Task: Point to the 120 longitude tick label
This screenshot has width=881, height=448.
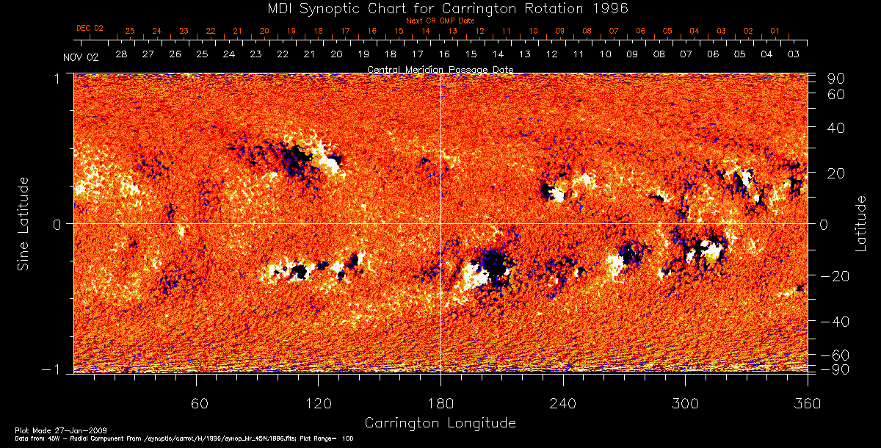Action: coord(319,403)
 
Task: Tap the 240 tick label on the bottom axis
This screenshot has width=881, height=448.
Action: coord(563,403)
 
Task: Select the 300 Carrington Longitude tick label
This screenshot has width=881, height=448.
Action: coord(685,403)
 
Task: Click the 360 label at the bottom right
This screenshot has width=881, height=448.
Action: coord(808,403)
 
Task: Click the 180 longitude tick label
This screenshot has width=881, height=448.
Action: coord(440,403)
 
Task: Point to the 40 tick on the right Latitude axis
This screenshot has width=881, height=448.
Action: coord(828,128)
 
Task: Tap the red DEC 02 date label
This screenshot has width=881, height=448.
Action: coord(90,28)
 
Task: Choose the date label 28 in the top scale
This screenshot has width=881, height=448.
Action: coord(121,54)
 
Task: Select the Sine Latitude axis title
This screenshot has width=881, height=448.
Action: coord(23,223)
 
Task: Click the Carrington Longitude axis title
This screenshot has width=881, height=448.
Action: coord(440,423)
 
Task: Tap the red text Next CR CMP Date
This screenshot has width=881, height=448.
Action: coord(440,21)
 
